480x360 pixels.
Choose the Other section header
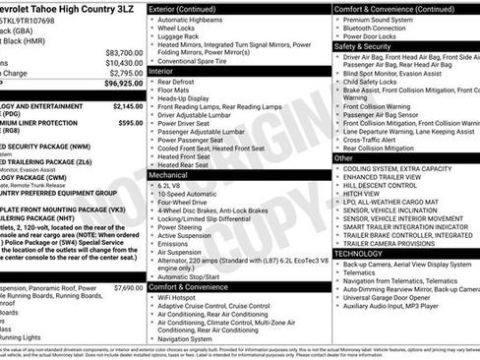pyautogui.click(x=343, y=157)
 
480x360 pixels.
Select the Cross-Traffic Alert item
pyautogui.click(x=376, y=139)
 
